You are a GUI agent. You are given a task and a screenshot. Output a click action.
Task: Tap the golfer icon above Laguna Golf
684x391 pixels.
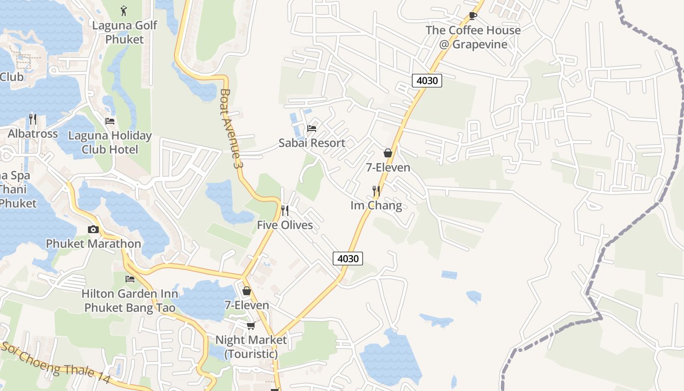tap(124, 10)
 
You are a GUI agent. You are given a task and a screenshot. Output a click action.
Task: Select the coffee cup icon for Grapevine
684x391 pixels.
tap(472, 16)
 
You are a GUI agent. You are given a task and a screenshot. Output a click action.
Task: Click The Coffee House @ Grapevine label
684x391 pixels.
tap(473, 37)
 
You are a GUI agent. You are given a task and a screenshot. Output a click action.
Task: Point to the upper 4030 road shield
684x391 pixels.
tap(427, 81)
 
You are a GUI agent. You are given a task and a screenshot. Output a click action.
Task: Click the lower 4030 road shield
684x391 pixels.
tap(348, 259)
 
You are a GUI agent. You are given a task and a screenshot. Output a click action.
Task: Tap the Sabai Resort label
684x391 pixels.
tap(312, 143)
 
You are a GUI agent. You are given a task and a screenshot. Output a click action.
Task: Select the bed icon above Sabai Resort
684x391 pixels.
tap(312, 129)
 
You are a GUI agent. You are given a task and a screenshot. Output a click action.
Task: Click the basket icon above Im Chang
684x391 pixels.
tap(388, 153)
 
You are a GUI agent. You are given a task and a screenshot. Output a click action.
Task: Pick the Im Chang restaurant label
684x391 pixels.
tap(376, 205)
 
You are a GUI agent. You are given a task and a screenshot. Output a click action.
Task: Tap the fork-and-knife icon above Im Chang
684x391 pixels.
tap(376, 191)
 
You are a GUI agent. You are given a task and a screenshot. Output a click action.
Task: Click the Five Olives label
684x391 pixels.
tap(285, 225)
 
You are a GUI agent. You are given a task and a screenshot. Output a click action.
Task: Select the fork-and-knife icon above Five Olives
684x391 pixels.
tap(285, 211)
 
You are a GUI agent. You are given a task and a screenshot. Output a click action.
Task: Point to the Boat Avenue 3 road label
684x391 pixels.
tap(232, 128)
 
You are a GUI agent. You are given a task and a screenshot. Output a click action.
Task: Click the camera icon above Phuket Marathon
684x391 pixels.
tap(93, 229)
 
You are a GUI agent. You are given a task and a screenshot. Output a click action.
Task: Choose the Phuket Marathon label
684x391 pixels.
tap(93, 243)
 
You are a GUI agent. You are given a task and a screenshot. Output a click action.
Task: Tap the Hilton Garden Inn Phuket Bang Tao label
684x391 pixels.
tap(130, 301)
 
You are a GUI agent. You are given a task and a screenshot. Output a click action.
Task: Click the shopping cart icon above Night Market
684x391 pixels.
tap(251, 326)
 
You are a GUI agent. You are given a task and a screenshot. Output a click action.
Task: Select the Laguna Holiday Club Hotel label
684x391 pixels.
tap(110, 142)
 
